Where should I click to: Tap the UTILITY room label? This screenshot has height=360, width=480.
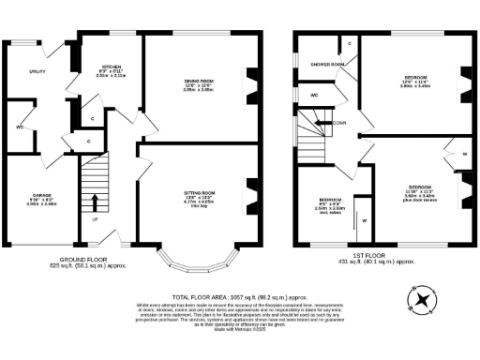point(37,70)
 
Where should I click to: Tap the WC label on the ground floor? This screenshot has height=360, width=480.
point(19,127)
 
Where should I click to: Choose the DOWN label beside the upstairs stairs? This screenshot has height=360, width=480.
point(338,123)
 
